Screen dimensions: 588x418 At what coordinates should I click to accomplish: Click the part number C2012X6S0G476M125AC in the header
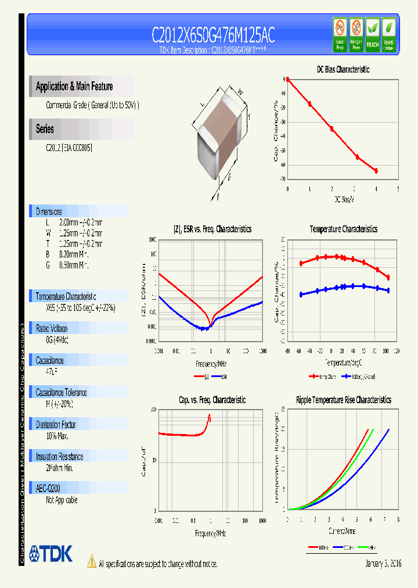click(x=213, y=36)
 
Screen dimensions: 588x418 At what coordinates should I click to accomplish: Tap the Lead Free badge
click(x=340, y=34)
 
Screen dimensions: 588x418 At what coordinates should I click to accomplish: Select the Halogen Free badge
click(x=356, y=34)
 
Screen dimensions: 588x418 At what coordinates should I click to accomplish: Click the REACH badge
click(x=372, y=34)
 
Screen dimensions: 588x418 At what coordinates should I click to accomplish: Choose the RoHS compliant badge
click(x=389, y=34)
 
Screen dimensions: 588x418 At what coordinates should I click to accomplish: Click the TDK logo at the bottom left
click(x=51, y=554)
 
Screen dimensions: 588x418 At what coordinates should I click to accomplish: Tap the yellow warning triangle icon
click(x=91, y=561)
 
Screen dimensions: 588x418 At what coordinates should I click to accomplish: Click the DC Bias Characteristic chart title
click(x=343, y=69)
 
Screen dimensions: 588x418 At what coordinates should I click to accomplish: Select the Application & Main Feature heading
click(x=74, y=87)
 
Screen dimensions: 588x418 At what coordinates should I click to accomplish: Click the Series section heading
click(x=45, y=129)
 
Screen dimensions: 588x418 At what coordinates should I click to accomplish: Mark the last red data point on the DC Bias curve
click(x=376, y=171)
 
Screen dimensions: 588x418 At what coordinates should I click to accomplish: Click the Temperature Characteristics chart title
click(x=343, y=230)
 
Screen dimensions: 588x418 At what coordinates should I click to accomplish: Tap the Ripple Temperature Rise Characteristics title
click(x=343, y=400)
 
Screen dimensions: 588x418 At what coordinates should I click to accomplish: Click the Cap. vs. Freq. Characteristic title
click(x=212, y=400)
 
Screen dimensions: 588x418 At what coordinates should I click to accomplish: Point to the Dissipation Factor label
click(x=56, y=425)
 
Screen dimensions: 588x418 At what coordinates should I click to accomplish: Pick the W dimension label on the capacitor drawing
click(x=239, y=91)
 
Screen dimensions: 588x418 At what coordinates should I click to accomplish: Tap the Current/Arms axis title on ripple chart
click(x=341, y=531)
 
